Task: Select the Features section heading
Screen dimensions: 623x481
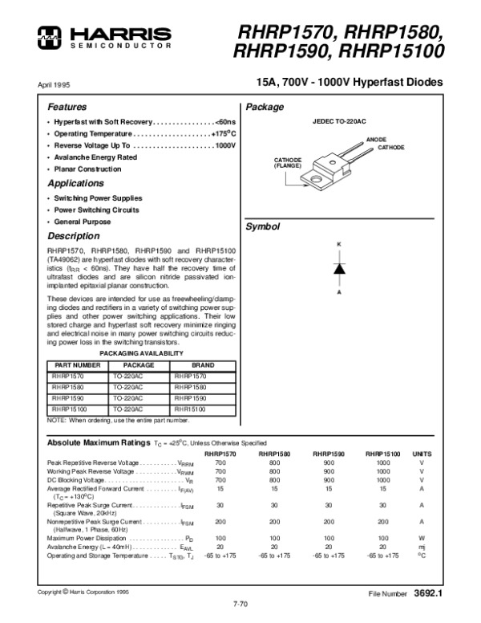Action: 67,107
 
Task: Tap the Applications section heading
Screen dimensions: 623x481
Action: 75,184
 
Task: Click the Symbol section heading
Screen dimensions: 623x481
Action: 263,226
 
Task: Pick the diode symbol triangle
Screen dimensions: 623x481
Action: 339,269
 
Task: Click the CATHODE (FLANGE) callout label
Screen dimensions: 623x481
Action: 287,162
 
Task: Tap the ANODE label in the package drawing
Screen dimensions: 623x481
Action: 376,140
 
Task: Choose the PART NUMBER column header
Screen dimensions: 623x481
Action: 76,364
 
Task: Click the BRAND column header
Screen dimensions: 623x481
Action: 202,364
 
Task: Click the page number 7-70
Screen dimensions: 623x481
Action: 240,601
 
